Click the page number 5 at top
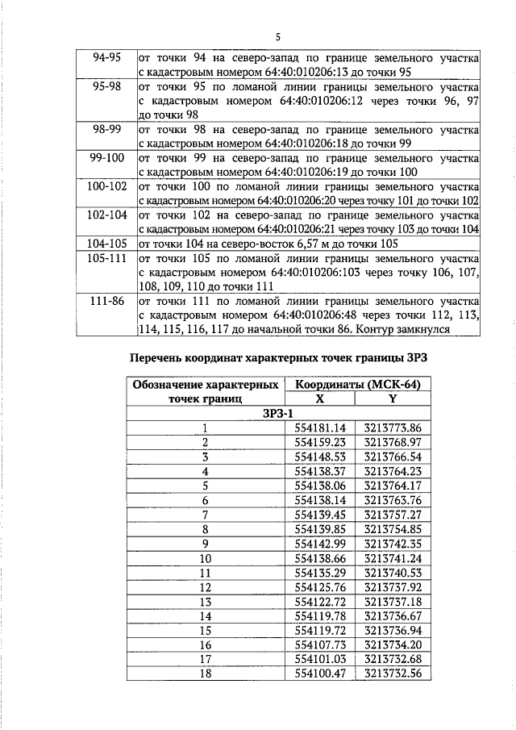tap(277, 37)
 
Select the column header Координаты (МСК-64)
tap(357, 385)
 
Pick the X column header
tap(320, 398)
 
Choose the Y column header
tap(393, 398)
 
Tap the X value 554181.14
tap(320, 428)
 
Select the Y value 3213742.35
tap(393, 543)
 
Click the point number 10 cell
tap(206, 557)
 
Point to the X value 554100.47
tap(320, 673)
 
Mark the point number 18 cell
tap(206, 673)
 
